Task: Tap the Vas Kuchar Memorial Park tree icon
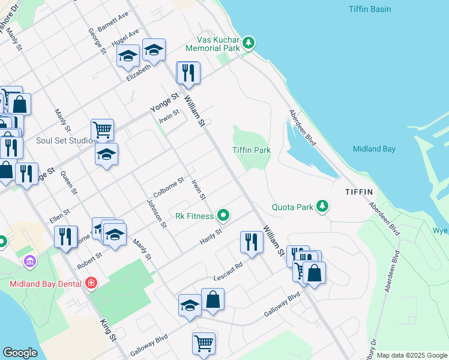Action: (x=249, y=43)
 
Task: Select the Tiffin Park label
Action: (x=252, y=150)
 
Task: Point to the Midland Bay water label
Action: (x=373, y=149)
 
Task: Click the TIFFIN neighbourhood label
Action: (x=359, y=192)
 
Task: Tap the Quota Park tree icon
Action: (x=323, y=206)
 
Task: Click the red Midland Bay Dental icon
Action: (x=91, y=283)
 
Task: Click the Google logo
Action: (x=20, y=353)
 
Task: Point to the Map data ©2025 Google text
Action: (x=412, y=355)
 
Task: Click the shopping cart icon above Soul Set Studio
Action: (x=102, y=128)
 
